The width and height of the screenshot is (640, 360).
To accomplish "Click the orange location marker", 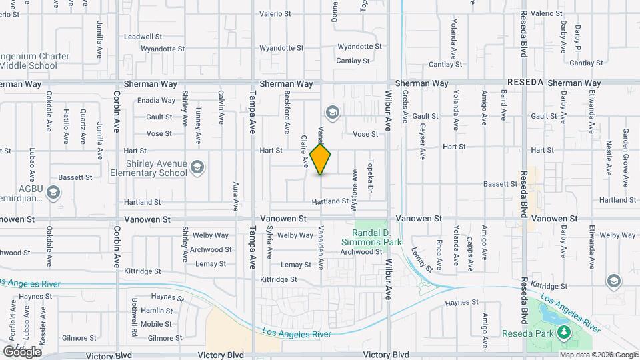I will point(321,159).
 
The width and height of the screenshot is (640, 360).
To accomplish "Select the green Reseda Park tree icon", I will point(564,331).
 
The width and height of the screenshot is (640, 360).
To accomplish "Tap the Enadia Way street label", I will point(156,101).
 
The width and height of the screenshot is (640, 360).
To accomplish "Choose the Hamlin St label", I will point(157,311).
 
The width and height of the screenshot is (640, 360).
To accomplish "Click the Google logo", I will point(22,351).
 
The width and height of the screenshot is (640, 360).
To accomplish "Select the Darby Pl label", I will point(579,37).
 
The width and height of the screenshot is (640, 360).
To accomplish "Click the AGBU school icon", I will point(54,193).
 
